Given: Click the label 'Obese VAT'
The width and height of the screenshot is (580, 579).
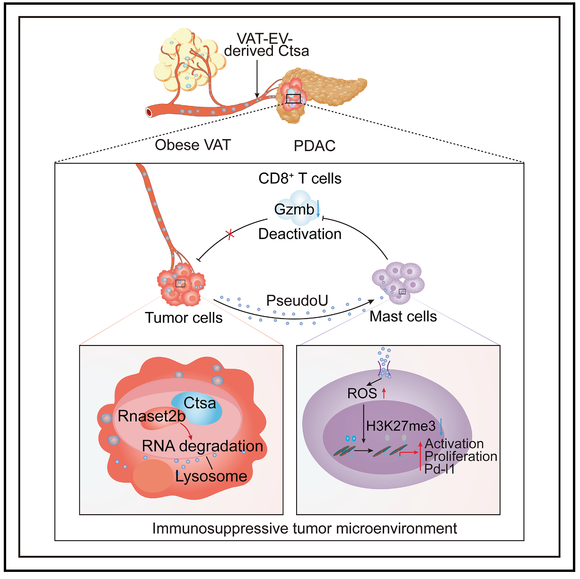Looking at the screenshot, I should [x=193, y=145].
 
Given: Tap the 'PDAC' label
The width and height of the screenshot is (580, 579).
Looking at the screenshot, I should [x=315, y=146].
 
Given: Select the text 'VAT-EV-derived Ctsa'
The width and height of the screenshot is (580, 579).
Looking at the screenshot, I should [x=266, y=44].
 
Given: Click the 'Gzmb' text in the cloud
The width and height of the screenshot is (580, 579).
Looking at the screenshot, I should [x=294, y=209].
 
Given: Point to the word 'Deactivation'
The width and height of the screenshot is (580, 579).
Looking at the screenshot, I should [x=300, y=233].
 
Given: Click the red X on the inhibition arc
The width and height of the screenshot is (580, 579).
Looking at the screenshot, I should [x=230, y=234].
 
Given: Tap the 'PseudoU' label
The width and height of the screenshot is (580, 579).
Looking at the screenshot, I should [x=297, y=300].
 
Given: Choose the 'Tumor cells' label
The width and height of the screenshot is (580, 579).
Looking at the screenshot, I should [x=184, y=318].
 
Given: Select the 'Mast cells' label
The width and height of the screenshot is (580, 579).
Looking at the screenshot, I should [x=403, y=316].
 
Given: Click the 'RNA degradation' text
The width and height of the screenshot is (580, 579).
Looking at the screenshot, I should [x=202, y=446].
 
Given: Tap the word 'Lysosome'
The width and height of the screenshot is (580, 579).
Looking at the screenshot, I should [x=211, y=476].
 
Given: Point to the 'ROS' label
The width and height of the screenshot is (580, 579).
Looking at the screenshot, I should [x=362, y=393].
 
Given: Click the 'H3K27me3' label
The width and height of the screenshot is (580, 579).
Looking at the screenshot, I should [x=401, y=426].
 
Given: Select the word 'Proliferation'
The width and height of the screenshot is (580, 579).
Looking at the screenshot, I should [x=461, y=456].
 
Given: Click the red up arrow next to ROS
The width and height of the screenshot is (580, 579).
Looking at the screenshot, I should [x=384, y=392].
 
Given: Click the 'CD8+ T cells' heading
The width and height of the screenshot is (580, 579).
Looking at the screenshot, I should [x=300, y=179].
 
